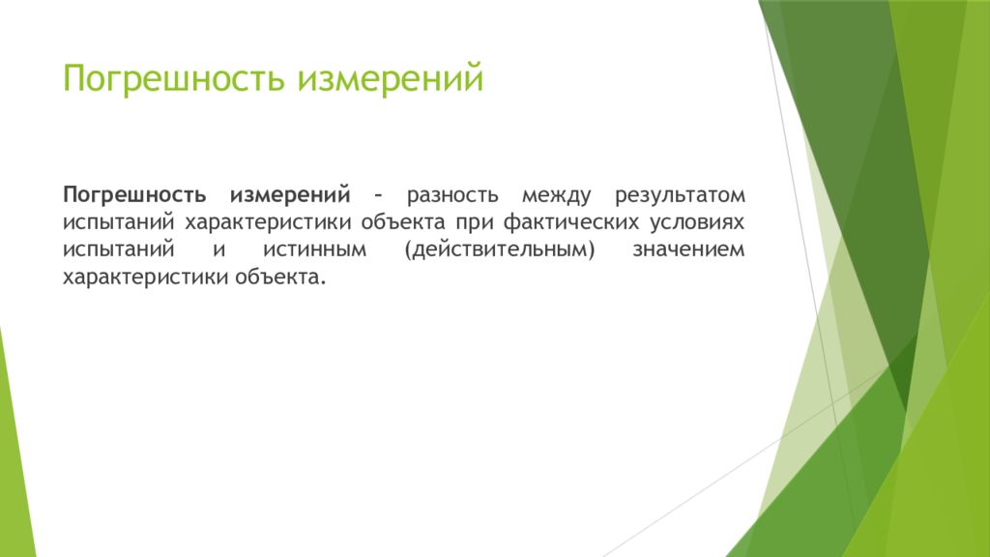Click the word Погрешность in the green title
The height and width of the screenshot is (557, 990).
173,79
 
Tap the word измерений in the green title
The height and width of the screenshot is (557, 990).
391,78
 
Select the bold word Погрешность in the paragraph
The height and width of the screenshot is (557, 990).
134,195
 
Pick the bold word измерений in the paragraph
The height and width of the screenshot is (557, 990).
290,195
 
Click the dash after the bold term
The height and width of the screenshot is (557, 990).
378,195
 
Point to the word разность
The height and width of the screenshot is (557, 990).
452,195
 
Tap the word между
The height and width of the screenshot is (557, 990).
556,195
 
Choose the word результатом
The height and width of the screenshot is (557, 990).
680,195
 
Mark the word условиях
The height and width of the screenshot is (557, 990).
698,223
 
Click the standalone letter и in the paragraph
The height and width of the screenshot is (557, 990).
219,250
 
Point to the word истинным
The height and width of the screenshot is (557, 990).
314,250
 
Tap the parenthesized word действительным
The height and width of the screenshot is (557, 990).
500,250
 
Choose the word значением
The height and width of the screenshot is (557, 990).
688,250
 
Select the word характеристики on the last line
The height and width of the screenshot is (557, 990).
145,278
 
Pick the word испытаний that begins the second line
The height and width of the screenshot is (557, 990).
118,223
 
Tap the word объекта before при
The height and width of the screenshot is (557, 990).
403,222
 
